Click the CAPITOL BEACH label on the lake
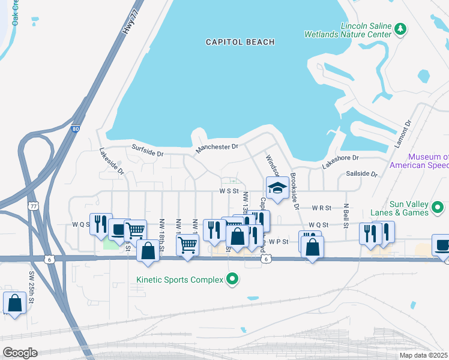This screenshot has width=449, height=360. click(x=240, y=42)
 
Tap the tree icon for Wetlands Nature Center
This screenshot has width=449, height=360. click(x=400, y=29)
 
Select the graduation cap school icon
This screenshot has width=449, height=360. click(x=277, y=188)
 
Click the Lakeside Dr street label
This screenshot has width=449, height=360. click(x=112, y=161)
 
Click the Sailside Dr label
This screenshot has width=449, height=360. click(x=361, y=174)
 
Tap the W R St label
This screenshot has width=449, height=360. click(x=321, y=208)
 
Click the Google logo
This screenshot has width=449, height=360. click(x=20, y=352)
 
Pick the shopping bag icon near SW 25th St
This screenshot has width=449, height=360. click(x=14, y=304)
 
